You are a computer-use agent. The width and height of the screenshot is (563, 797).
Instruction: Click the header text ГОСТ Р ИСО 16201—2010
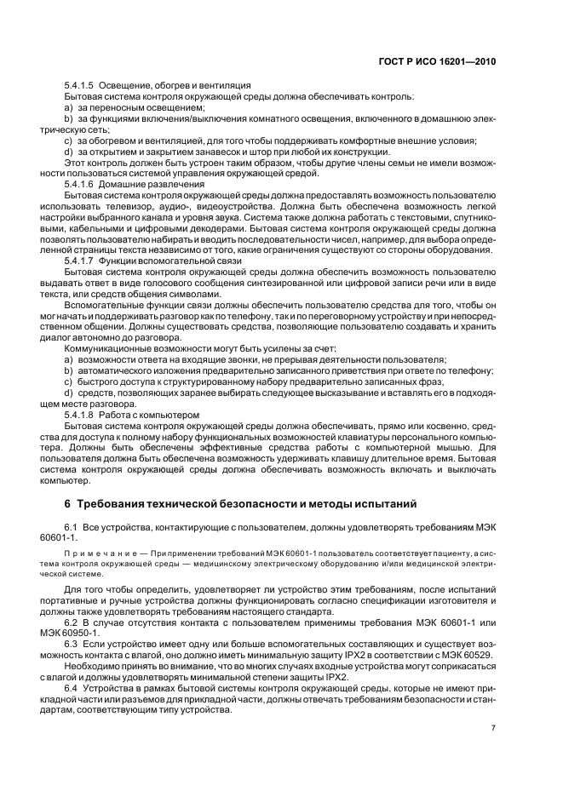point(436,62)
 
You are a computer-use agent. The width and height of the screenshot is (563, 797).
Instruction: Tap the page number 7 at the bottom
point(493,728)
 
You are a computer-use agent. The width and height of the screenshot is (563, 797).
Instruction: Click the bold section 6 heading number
point(69,503)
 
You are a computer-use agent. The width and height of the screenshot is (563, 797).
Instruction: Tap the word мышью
point(454,447)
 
